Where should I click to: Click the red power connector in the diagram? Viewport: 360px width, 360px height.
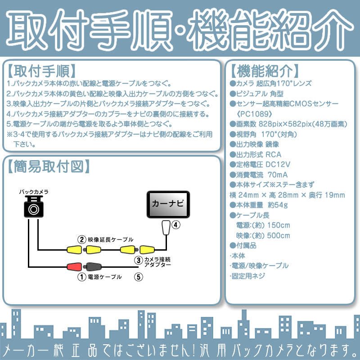[x=74, y=266]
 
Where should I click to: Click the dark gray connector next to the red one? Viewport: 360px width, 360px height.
[x=92, y=266]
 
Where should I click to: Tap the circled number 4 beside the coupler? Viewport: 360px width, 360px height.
[x=176, y=225]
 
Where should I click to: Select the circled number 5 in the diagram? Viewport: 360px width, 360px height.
[x=139, y=277]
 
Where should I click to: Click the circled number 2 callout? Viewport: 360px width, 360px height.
[x=81, y=240]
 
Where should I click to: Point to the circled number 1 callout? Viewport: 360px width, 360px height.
[x=81, y=277]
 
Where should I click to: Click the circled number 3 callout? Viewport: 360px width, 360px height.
[x=139, y=260]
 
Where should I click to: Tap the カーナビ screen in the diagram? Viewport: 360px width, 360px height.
[x=168, y=204]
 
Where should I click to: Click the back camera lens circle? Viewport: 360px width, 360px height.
[x=33, y=209]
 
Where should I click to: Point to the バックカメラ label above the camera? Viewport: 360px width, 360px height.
[x=33, y=192]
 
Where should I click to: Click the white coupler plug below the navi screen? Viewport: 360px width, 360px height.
[x=166, y=228]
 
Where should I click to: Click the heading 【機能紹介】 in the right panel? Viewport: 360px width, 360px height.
[x=265, y=71]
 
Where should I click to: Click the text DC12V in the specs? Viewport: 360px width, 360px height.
[x=278, y=164]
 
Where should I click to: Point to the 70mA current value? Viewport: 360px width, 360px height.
[x=278, y=175]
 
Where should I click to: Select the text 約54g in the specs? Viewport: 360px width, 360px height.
[x=278, y=205]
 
